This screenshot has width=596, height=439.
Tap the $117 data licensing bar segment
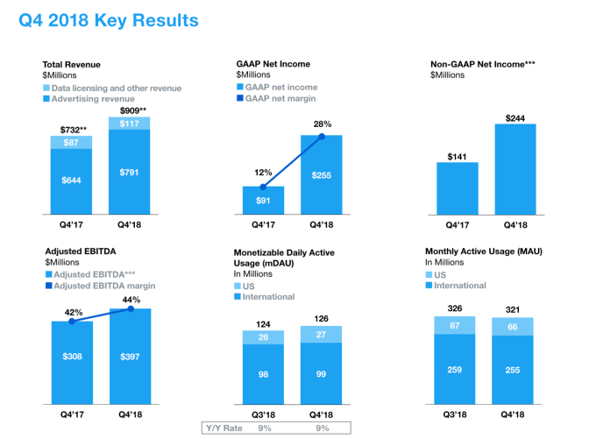[x=129, y=123]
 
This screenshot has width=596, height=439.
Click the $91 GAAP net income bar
[x=263, y=201]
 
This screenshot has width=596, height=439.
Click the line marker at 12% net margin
[x=263, y=187]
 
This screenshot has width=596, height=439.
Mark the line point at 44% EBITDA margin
[x=130, y=308]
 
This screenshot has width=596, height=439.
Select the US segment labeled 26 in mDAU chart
[x=264, y=336]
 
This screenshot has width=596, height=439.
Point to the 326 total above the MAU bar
[x=456, y=308]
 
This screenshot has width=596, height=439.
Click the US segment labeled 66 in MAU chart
[x=512, y=326]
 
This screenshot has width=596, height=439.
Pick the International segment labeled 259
[x=456, y=368]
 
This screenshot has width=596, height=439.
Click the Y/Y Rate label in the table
[x=223, y=427]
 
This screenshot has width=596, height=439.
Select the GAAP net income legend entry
[x=281, y=88]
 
